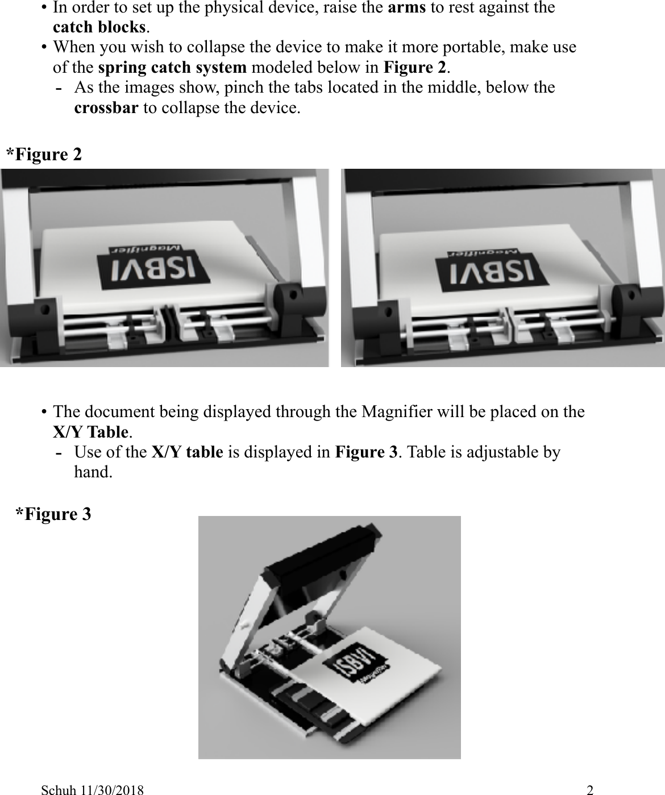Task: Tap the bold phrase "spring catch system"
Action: pyautogui.click(x=172, y=68)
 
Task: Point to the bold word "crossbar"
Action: pyautogui.click(x=106, y=108)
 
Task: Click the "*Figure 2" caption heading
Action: pyautogui.click(x=44, y=154)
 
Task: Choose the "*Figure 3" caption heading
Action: pyautogui.click(x=53, y=514)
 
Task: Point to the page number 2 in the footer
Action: pyautogui.click(x=591, y=789)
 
